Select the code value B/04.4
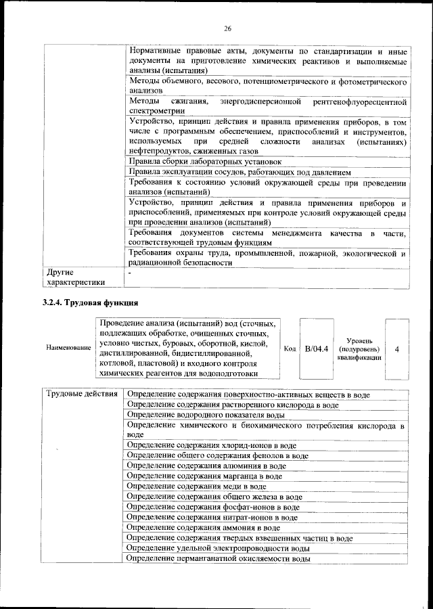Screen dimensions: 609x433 pyautogui.click(x=316, y=348)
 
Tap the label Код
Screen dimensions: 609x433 pyautogui.click(x=290, y=348)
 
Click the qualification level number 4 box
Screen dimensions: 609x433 pyautogui.click(x=396, y=348)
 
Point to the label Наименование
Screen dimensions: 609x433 pyautogui.click(x=68, y=348)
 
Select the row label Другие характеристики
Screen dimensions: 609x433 pyautogui.click(x=74, y=277)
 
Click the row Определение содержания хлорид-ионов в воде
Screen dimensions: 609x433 pyautogui.click(x=212, y=446)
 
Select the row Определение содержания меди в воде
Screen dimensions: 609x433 pyautogui.click(x=196, y=487)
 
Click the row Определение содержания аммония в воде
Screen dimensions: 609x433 pyautogui.click(x=203, y=528)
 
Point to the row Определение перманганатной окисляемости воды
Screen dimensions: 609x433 pyautogui.click(x=219, y=559)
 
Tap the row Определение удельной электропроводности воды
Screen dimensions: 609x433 pyautogui.click(x=219, y=548)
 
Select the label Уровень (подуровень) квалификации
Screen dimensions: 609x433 pyautogui.click(x=359, y=348)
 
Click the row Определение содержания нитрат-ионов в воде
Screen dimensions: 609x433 pyautogui.click(x=212, y=518)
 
